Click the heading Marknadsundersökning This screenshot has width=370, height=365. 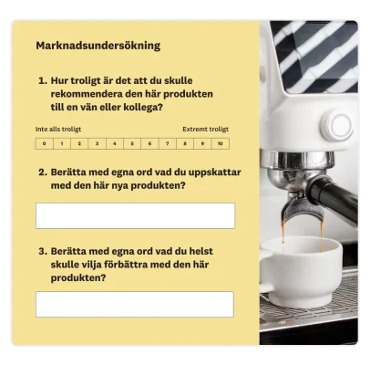click(x=98, y=45)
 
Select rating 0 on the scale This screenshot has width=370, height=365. click(x=44, y=143)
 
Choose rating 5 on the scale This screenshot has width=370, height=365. click(x=131, y=143)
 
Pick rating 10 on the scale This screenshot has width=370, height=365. click(x=220, y=143)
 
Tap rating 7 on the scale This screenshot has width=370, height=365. click(x=167, y=143)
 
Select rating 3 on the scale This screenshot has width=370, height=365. click(x=97, y=143)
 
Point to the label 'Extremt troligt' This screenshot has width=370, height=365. click(x=206, y=130)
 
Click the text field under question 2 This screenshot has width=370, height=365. click(x=135, y=215)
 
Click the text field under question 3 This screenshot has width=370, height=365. click(x=135, y=304)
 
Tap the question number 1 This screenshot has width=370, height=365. click(x=42, y=80)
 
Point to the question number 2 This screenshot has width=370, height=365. click(x=42, y=172)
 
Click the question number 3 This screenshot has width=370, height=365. click(x=42, y=249)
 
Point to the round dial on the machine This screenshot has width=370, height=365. click(x=336, y=128)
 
